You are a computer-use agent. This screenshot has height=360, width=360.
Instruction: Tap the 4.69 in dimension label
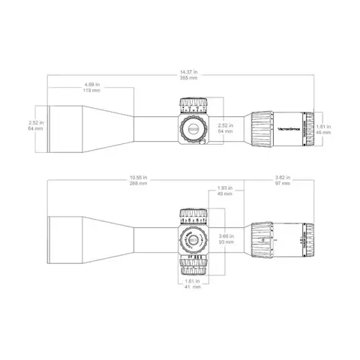pos(92,85)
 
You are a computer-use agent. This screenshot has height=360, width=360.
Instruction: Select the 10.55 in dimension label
pos(137,178)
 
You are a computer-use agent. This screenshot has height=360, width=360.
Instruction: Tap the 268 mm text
pos(137,184)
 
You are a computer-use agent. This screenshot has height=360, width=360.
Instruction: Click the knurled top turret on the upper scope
pos(192,103)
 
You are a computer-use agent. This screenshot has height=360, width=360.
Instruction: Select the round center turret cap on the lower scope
pos(193,242)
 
